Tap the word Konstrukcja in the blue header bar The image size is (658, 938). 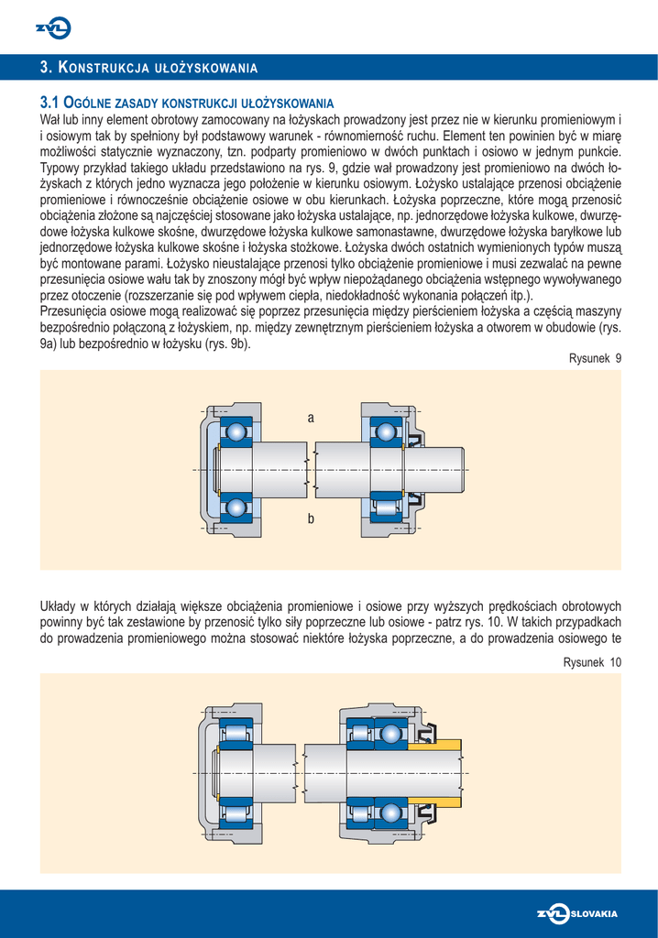click(x=100, y=68)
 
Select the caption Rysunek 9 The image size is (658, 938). click(x=596, y=359)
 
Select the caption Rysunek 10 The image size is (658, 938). click(x=592, y=661)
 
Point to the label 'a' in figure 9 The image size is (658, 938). click(x=311, y=418)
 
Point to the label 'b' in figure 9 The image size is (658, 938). click(x=311, y=519)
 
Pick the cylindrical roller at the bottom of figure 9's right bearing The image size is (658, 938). click(x=386, y=506)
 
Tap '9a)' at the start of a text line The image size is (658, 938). click(x=51, y=344)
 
